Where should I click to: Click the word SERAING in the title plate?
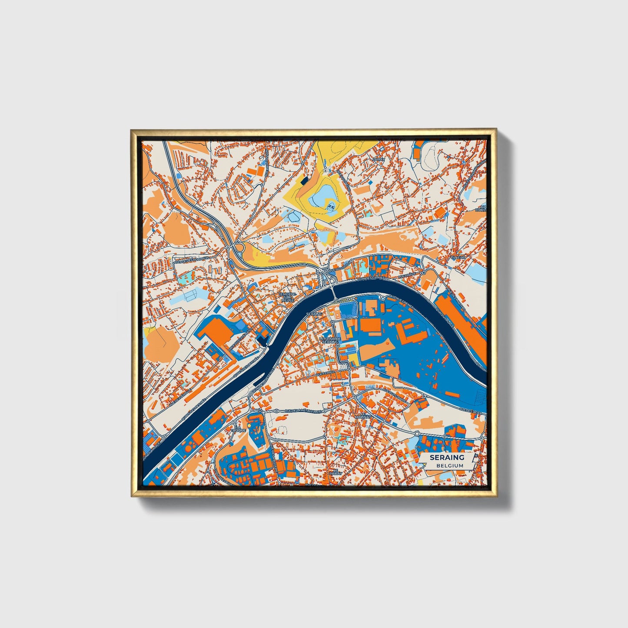(x=447, y=457)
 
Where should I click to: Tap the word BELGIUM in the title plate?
(x=450, y=465)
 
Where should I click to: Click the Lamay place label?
(x=379, y=159)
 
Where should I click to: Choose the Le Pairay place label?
(x=334, y=472)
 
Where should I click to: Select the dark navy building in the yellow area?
(x=305, y=179)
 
